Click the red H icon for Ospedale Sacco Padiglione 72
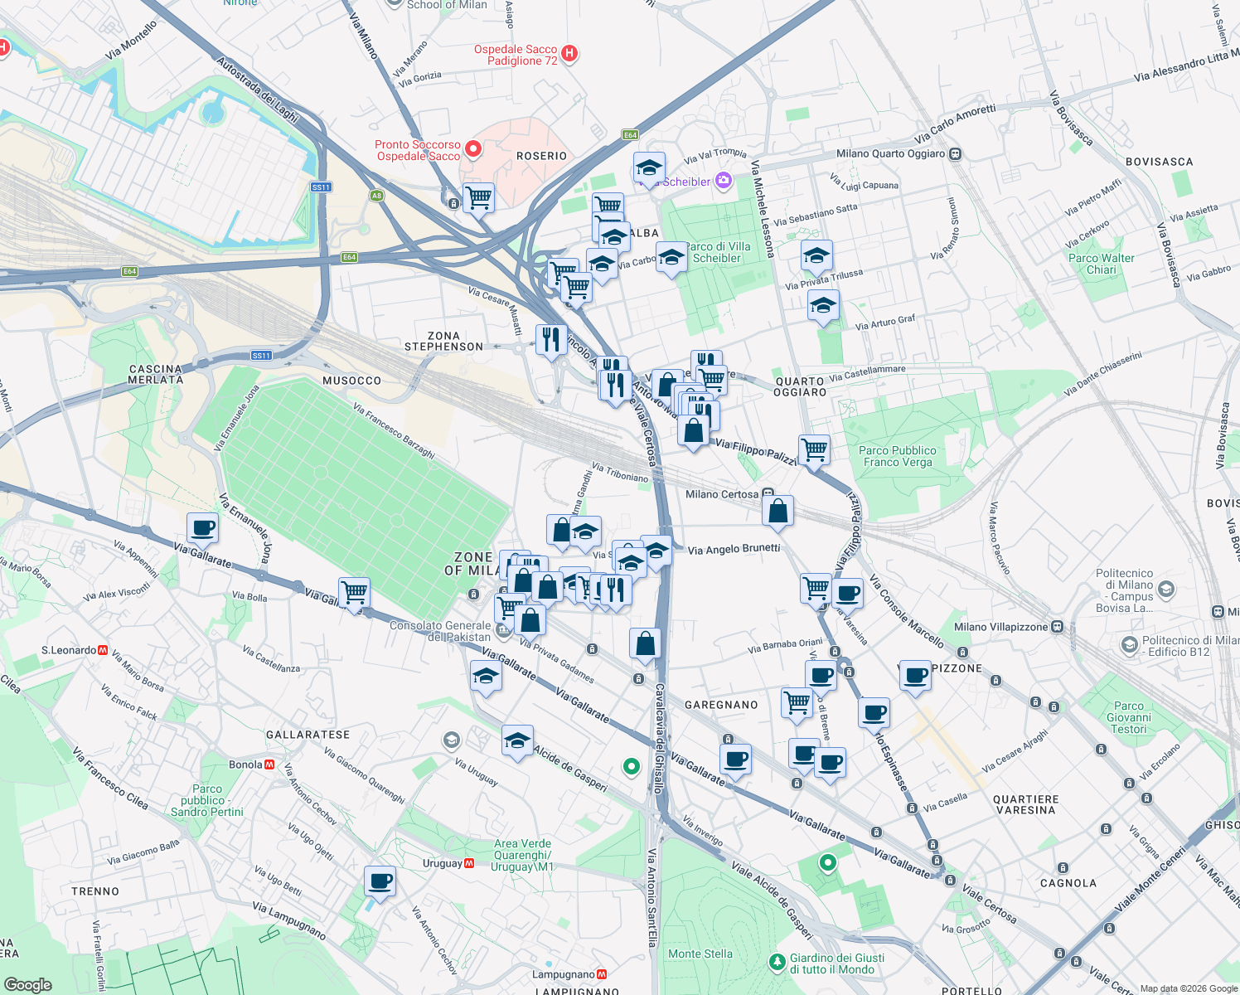[569, 54]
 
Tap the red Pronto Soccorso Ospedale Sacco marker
[473, 149]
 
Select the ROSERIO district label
[541, 156]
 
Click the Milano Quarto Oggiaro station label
[891, 153]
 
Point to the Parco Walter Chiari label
[1101, 264]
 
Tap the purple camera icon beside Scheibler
[724, 180]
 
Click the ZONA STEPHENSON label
[443, 341]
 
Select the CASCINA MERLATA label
[156, 374]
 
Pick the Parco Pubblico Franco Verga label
[897, 456]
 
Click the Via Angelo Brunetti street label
[734, 549]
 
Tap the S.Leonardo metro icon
[104, 650]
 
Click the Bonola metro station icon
[269, 764]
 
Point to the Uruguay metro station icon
[469, 863]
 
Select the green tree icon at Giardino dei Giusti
[777, 962]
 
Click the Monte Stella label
[700, 954]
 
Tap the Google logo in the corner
[28, 984]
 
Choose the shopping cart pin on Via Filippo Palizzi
[814, 449]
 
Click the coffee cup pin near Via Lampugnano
[380, 881]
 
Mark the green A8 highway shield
[377, 196]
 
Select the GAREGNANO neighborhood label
[721, 705]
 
